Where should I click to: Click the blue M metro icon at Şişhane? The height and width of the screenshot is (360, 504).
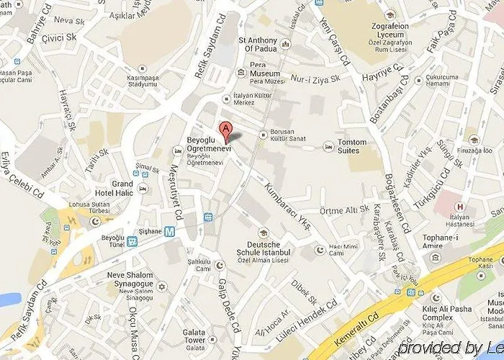[168, 231]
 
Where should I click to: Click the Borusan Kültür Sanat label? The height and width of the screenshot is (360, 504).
[289, 135]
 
